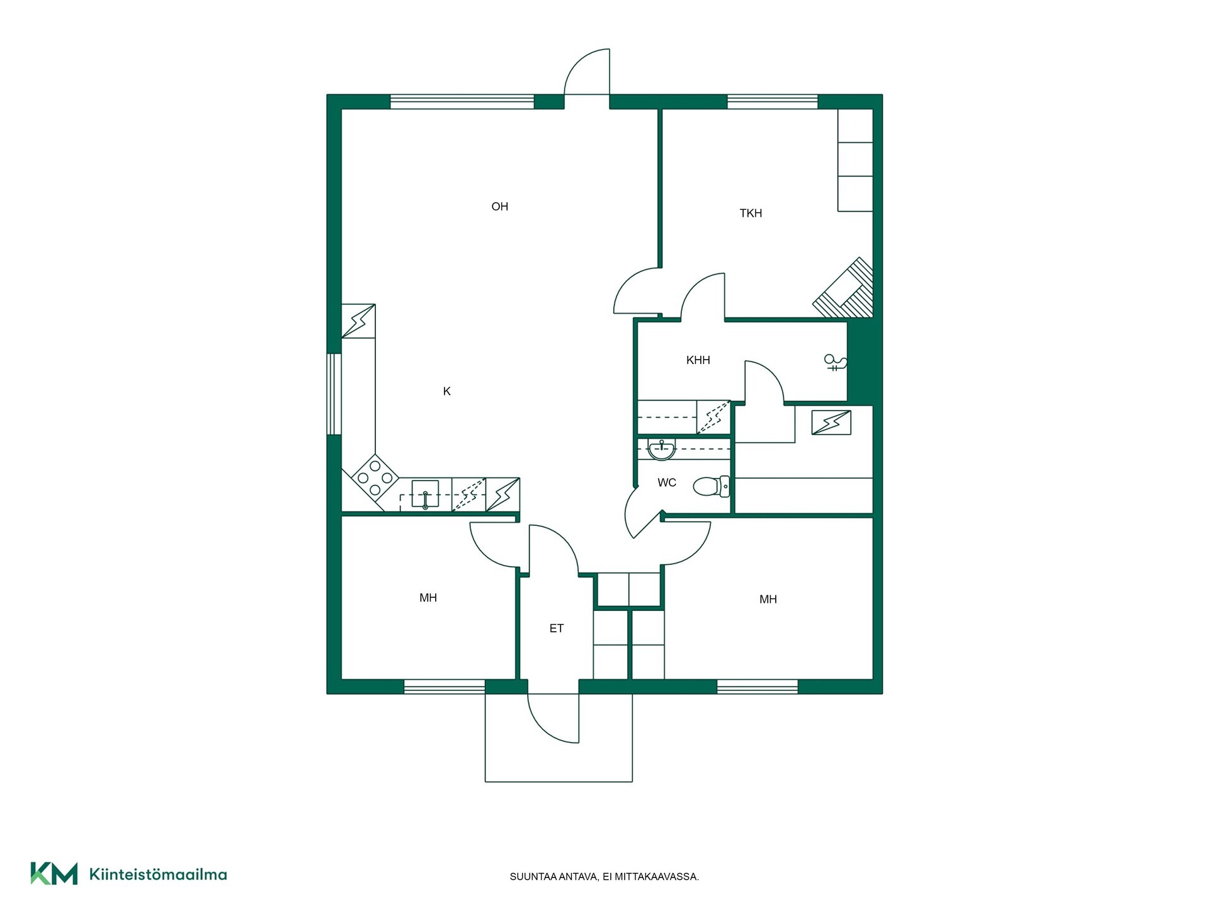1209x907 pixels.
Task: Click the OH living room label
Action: (x=499, y=207)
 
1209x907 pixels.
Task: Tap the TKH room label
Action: (x=751, y=214)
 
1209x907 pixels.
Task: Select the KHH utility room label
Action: (x=698, y=360)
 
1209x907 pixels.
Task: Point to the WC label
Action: (x=667, y=482)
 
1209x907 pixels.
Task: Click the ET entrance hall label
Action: (x=557, y=628)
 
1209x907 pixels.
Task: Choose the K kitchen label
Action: (x=447, y=391)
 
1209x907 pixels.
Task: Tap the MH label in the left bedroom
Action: (x=428, y=598)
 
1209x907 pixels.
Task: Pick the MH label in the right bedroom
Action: (x=768, y=599)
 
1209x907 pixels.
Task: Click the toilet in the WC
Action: (x=712, y=486)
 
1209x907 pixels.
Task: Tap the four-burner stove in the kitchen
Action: (x=375, y=478)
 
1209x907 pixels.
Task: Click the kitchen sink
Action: (x=425, y=494)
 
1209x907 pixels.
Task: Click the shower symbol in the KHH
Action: (x=836, y=362)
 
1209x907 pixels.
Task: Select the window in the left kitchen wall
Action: (x=334, y=394)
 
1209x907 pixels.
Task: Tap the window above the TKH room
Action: (x=773, y=101)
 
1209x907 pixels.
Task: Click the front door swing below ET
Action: (x=553, y=718)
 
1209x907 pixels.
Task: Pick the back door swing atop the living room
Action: (x=587, y=71)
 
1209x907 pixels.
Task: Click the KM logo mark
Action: (x=54, y=874)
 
